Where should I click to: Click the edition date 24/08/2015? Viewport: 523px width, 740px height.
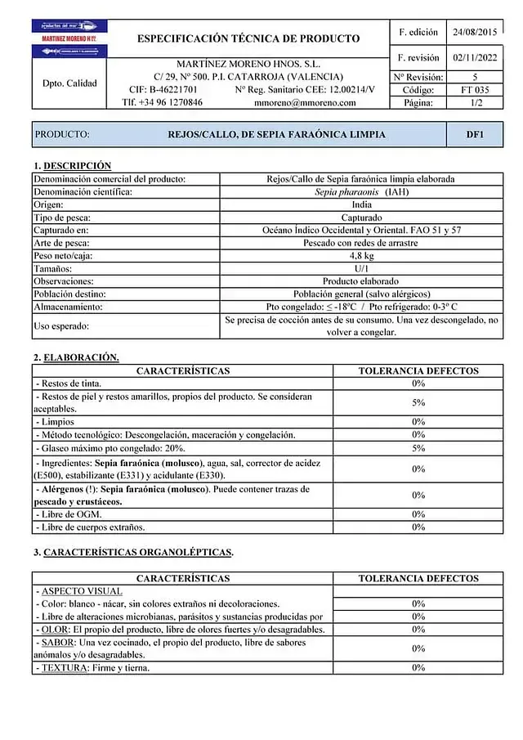(474, 33)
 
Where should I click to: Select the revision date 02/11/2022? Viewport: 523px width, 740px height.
(474, 58)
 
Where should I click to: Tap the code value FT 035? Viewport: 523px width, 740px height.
(474, 90)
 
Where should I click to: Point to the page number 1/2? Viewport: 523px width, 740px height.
(474, 103)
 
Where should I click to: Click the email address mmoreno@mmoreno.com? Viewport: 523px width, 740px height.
(306, 103)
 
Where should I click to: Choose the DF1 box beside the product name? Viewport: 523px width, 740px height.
(474, 134)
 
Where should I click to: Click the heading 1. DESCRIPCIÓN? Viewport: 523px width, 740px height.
(72, 166)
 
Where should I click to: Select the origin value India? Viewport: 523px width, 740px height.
(361, 204)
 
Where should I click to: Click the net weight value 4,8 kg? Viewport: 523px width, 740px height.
(361, 256)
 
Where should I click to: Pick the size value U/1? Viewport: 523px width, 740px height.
(361, 268)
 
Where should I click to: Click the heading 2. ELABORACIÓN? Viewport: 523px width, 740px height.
(76, 357)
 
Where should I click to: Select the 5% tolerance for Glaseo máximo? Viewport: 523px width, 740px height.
(418, 448)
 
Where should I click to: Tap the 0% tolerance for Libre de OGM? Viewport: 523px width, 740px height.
(418, 514)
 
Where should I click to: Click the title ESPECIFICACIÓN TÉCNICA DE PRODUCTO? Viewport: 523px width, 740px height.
(248, 38)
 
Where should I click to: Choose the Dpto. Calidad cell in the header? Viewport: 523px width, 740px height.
(69, 83)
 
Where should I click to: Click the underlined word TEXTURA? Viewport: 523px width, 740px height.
(61, 668)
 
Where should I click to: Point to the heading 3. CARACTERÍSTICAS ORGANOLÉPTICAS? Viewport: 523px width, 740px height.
(133, 553)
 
